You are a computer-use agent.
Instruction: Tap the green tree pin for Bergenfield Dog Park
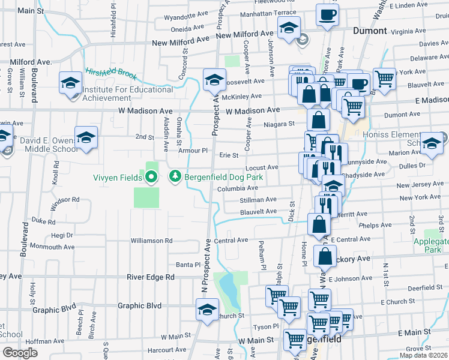click(x=175, y=176)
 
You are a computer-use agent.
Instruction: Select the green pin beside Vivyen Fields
click(x=150, y=177)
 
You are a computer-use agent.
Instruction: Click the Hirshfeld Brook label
click(x=111, y=74)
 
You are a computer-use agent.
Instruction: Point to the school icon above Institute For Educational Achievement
click(x=70, y=82)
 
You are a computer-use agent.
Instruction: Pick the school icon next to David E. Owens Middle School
click(x=85, y=137)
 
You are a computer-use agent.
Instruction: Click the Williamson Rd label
click(x=151, y=241)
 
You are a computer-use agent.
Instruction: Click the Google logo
click(x=20, y=353)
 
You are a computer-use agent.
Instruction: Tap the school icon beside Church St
click(x=207, y=310)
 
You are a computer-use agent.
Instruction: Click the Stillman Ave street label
click(x=258, y=199)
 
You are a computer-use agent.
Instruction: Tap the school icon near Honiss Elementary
click(x=431, y=142)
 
